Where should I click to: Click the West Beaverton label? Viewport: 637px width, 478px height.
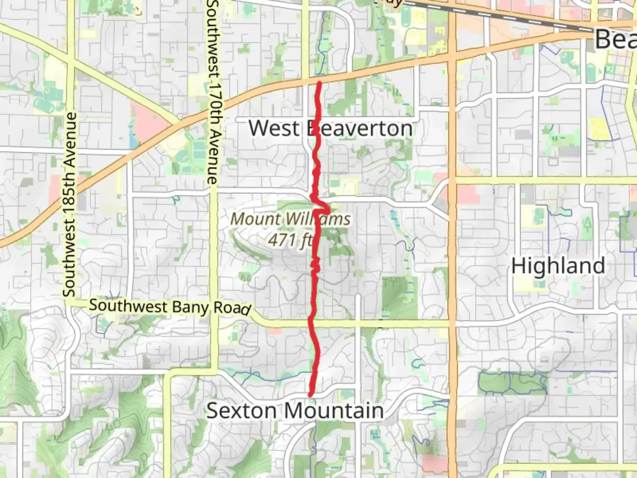click(330, 128)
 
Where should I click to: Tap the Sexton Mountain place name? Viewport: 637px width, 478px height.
click(295, 411)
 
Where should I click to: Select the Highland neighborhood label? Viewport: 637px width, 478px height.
click(558, 266)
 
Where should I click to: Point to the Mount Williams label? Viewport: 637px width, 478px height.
click(291, 219)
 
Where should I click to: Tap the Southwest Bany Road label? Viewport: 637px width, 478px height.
click(170, 307)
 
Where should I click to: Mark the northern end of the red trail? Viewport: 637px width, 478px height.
click(319, 83)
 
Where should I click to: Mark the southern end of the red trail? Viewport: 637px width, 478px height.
click(311, 394)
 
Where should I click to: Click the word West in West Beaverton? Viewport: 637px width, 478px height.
click(274, 128)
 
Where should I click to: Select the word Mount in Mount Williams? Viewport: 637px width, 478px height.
click(255, 219)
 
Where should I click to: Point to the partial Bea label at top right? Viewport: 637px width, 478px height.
click(616, 39)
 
